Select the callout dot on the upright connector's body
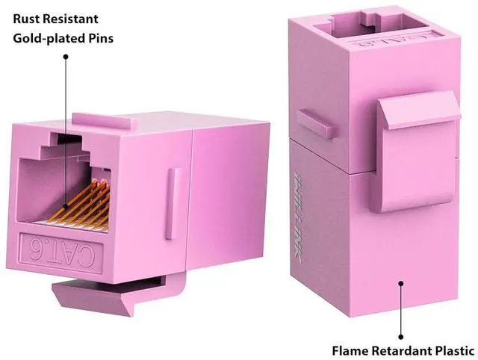(x=402, y=284)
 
